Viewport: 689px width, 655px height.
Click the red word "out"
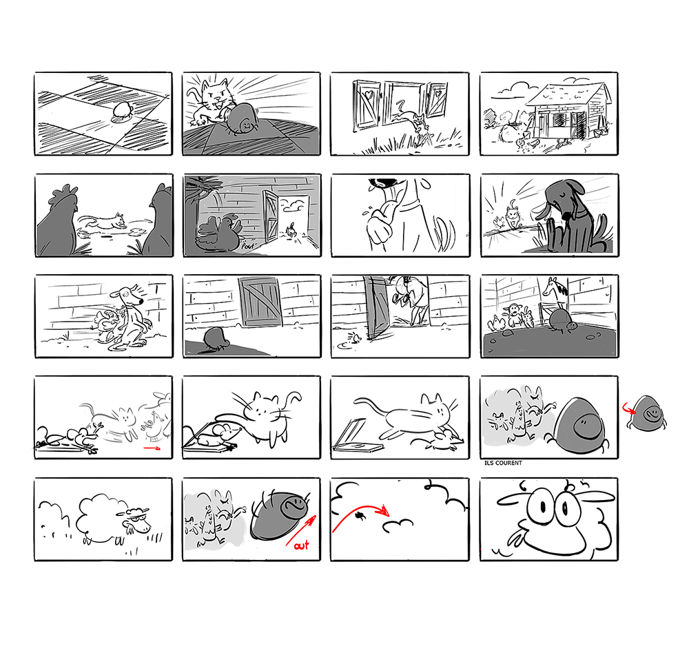[x=301, y=545]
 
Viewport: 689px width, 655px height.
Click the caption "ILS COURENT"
[x=503, y=463]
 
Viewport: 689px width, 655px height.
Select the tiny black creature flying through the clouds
[x=360, y=514]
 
